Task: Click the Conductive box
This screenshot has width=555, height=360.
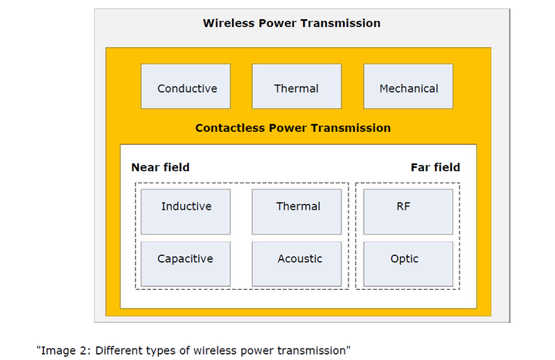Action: point(187,87)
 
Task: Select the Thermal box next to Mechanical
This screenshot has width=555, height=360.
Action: point(296,87)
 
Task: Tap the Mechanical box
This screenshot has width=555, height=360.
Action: point(408,87)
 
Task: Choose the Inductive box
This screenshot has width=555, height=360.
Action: point(186,210)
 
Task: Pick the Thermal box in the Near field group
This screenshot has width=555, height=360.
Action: point(297,210)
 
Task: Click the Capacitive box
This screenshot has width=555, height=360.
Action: point(186,264)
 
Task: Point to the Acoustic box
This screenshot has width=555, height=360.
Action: point(297,264)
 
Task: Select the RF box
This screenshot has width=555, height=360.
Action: point(408,210)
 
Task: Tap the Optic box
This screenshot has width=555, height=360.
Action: point(408,264)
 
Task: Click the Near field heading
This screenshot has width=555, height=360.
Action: point(160,167)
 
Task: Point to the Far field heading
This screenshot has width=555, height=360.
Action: point(435,167)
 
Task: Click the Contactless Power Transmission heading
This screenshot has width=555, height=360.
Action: point(293,128)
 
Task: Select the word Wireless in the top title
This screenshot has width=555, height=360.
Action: point(227,23)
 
